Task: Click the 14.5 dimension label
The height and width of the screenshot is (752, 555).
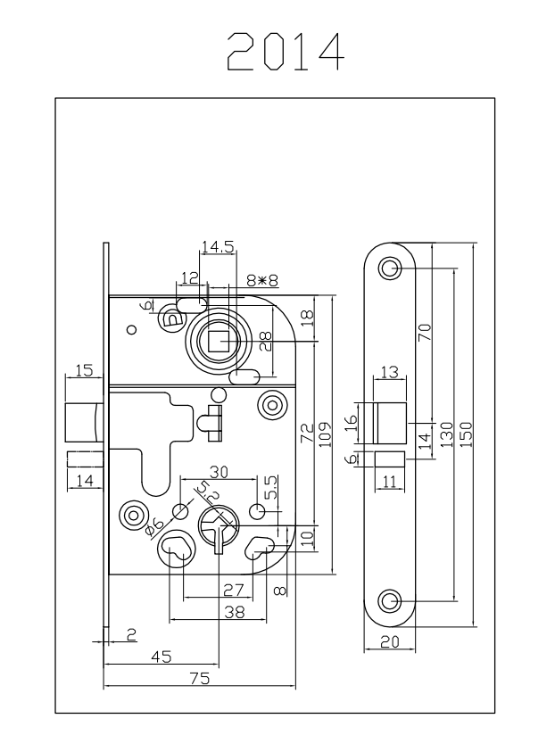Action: [217, 248]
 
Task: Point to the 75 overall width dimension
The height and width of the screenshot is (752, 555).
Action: [200, 679]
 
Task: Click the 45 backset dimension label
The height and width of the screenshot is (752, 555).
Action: [161, 657]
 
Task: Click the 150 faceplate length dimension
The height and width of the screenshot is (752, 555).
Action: [466, 430]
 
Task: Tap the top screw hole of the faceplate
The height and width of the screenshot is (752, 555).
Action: [390, 268]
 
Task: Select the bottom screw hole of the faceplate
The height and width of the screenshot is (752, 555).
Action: [390, 600]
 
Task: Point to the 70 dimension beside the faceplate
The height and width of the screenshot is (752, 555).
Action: [425, 332]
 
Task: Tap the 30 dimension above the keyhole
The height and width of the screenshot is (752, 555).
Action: [219, 470]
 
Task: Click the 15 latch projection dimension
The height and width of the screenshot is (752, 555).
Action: [84, 369]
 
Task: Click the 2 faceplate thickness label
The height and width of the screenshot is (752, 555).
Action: [132, 634]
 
